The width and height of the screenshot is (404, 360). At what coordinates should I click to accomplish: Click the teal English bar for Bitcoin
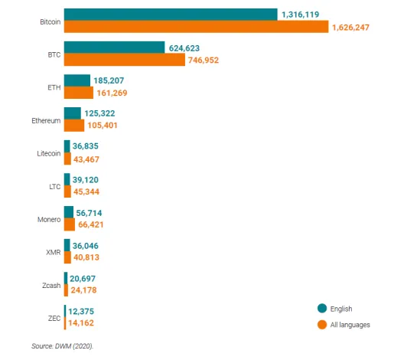click(x=171, y=15)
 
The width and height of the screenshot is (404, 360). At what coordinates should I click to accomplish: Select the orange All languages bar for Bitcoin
click(x=197, y=27)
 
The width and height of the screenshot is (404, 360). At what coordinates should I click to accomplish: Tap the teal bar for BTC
click(x=115, y=47)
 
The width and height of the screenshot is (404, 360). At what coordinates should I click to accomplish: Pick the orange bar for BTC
click(x=125, y=59)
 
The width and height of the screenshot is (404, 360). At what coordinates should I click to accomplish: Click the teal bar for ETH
click(x=77, y=80)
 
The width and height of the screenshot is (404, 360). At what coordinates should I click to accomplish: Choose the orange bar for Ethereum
click(x=74, y=126)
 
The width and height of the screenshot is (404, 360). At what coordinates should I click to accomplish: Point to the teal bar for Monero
click(x=69, y=212)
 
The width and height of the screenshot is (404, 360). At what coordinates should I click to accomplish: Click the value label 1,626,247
click(x=350, y=28)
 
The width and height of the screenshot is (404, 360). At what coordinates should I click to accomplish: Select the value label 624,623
click(x=184, y=48)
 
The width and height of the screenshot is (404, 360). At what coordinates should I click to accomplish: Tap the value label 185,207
click(x=109, y=80)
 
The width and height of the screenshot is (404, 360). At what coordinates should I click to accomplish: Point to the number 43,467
click(x=86, y=159)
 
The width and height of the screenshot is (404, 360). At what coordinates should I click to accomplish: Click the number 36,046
click(x=85, y=246)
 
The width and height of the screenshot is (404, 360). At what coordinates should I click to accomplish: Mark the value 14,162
click(x=81, y=323)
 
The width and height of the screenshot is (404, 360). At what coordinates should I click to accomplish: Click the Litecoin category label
click(x=49, y=153)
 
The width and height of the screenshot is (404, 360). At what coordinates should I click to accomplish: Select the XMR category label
click(x=54, y=252)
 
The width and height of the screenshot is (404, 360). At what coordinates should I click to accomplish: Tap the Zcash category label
click(x=51, y=286)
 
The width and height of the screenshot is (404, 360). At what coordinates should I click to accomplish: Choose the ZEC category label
click(x=54, y=319)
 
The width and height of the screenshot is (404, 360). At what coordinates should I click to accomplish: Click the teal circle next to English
click(x=322, y=308)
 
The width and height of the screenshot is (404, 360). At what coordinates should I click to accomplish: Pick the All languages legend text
click(x=350, y=325)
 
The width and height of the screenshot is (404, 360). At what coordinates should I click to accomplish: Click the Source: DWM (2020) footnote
click(x=62, y=346)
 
